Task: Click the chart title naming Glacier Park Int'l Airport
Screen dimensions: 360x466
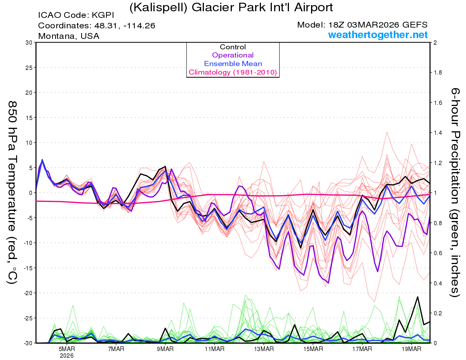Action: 231,7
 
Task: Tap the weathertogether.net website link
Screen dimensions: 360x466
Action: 378,35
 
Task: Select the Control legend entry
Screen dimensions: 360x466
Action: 233,47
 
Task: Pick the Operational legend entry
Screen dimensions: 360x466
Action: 233,55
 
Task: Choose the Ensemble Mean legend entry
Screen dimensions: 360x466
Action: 233,64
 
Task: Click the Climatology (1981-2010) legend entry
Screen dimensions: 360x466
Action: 233,72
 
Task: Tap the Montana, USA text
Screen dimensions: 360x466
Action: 69,36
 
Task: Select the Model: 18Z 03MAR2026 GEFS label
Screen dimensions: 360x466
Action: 362,25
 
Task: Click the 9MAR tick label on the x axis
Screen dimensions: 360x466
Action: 165,349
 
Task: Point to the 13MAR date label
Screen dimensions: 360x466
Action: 264,349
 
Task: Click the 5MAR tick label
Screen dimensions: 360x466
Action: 66,349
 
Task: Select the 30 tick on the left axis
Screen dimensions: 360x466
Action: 28,43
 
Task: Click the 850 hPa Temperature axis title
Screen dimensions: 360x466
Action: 13,193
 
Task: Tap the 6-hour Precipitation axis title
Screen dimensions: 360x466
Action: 455,193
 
